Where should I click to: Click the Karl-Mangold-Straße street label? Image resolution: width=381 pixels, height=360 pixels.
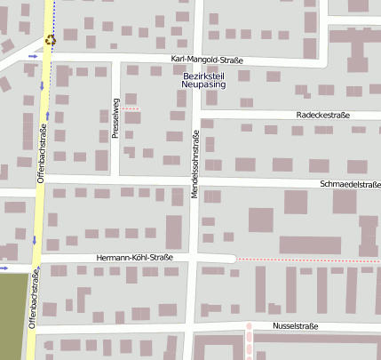(x=208, y=60)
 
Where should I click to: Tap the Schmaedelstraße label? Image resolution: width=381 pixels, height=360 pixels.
(x=350, y=184)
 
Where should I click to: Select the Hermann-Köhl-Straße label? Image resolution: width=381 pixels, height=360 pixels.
(x=134, y=258)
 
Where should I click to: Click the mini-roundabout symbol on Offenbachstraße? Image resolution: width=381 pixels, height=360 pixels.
(x=49, y=39)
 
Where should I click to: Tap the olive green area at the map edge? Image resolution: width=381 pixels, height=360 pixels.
(x=11, y=316)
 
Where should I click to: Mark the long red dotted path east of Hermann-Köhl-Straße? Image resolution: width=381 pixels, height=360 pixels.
(x=306, y=259)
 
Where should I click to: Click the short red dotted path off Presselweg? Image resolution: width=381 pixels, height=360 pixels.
(x=131, y=108)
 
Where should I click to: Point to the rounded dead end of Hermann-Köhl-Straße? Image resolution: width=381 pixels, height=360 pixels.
(x=232, y=259)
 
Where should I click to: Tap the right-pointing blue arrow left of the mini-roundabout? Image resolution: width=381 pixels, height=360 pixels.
(x=33, y=55)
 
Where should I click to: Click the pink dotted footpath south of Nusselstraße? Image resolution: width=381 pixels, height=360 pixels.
(x=250, y=339)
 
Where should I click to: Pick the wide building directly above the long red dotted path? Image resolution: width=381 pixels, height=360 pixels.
(x=309, y=245)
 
